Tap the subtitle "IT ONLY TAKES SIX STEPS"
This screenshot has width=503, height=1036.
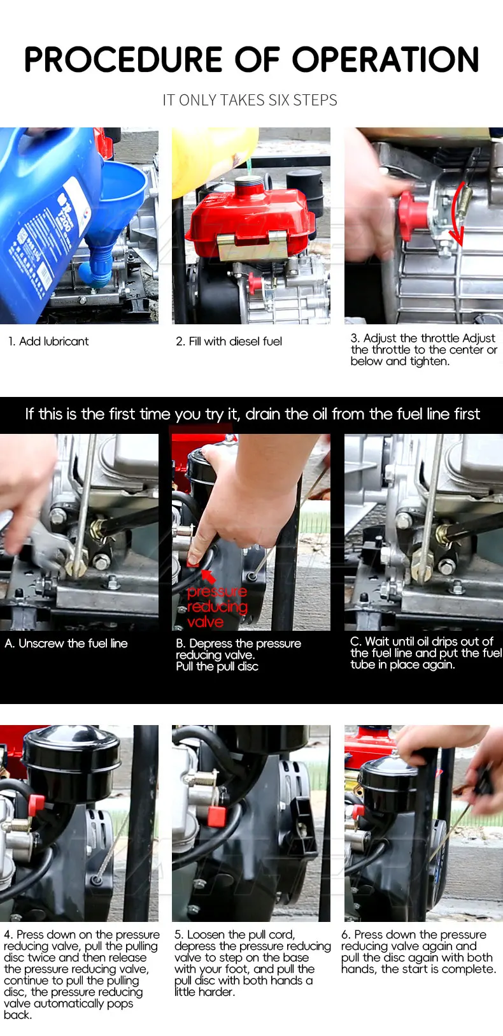coord(250,100)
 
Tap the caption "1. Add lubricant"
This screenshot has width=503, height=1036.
coord(48,342)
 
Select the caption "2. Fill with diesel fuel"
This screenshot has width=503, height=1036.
coord(229,342)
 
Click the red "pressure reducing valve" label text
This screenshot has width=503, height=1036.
coord(217,607)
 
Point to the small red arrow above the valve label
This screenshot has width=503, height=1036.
coord(208,576)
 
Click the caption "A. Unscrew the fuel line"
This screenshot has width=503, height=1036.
coord(66,644)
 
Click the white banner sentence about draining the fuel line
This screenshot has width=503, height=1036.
coord(252,414)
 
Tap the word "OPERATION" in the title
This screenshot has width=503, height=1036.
coord(386,59)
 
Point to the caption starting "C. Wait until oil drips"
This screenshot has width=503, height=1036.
coord(426,653)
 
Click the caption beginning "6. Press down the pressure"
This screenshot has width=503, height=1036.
coord(418,951)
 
